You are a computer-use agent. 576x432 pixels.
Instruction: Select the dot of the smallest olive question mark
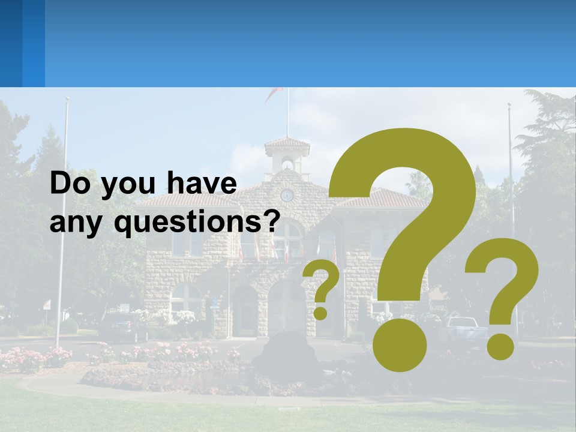click(x=320, y=313)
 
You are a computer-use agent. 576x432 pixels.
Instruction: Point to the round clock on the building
click(x=287, y=194)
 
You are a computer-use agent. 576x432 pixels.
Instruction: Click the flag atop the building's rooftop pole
click(x=275, y=92)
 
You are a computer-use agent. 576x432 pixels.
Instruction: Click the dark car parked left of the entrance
click(x=123, y=327)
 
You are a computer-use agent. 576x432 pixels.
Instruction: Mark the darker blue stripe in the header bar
click(x=33, y=43)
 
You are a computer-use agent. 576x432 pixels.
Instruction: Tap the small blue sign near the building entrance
click(x=214, y=303)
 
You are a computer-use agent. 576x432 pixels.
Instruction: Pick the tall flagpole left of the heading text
click(x=62, y=222)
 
